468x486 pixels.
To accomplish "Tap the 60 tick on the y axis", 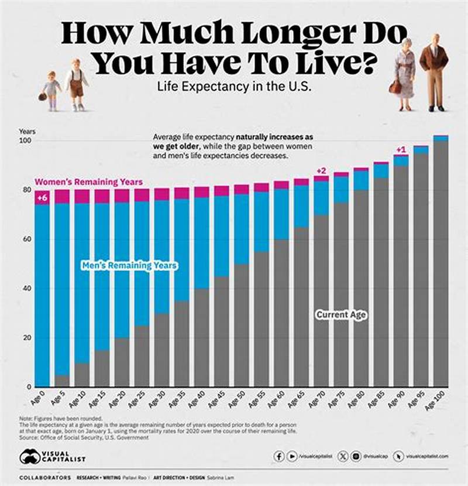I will coord(27,239).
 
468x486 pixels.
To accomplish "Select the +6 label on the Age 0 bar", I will coord(42,198).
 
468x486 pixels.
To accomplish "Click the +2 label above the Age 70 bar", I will coord(321,170).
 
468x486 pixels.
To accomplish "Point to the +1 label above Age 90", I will coord(401,149).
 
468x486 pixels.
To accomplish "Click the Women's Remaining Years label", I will coord(88,182).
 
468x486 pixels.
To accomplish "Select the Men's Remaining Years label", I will coord(129,265).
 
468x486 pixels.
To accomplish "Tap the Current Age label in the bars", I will coord(341,315).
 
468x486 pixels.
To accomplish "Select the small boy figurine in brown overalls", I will coord(75,84).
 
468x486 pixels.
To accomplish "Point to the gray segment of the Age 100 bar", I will coord(441,263).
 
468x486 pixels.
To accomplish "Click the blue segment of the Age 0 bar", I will coord(42,293).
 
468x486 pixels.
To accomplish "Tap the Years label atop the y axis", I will coord(27,131).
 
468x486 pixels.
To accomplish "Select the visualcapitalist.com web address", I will coord(427,456).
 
